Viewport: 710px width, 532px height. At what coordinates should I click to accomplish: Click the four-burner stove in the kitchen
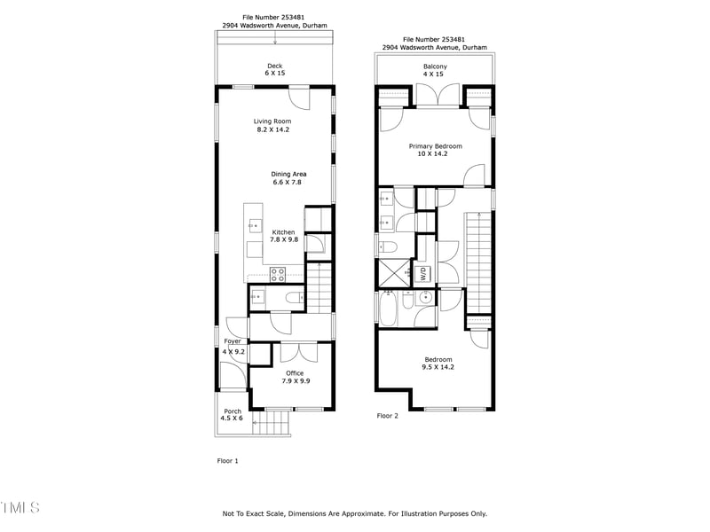[x=277, y=274]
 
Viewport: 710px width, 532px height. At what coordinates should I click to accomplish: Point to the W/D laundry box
[x=423, y=274]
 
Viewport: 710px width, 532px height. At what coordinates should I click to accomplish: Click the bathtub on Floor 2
[x=389, y=308]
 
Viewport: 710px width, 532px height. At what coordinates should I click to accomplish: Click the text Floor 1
[x=228, y=461]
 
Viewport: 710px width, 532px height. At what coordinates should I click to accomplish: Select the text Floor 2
[x=388, y=415]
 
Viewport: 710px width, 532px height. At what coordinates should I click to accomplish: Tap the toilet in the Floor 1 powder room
[x=293, y=300]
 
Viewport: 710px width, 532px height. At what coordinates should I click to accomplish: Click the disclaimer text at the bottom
[x=355, y=513]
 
